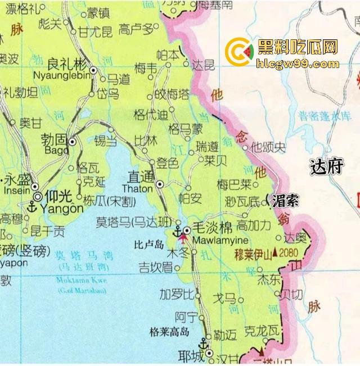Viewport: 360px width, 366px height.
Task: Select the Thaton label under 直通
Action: [x=137, y=189]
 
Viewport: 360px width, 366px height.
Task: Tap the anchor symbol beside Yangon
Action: [x=32, y=207]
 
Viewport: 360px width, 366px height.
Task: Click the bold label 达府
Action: [x=326, y=166]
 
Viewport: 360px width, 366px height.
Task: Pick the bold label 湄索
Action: [x=285, y=200]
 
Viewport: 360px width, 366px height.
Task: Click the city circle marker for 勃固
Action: [x=72, y=142]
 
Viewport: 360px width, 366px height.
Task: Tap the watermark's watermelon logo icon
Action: [x=238, y=52]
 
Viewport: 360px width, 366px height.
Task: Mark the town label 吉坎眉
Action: [x=156, y=266]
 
